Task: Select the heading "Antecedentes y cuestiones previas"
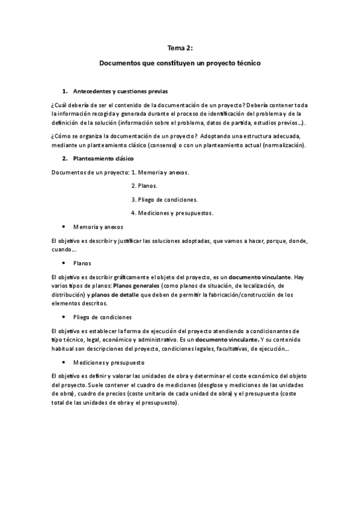point(120,91)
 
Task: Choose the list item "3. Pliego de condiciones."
point(164,199)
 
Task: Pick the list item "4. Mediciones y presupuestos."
point(172,213)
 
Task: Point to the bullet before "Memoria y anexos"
point(64,227)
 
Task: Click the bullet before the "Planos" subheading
point(64,263)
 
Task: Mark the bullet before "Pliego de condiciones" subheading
point(64,316)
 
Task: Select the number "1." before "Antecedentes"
point(65,91)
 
